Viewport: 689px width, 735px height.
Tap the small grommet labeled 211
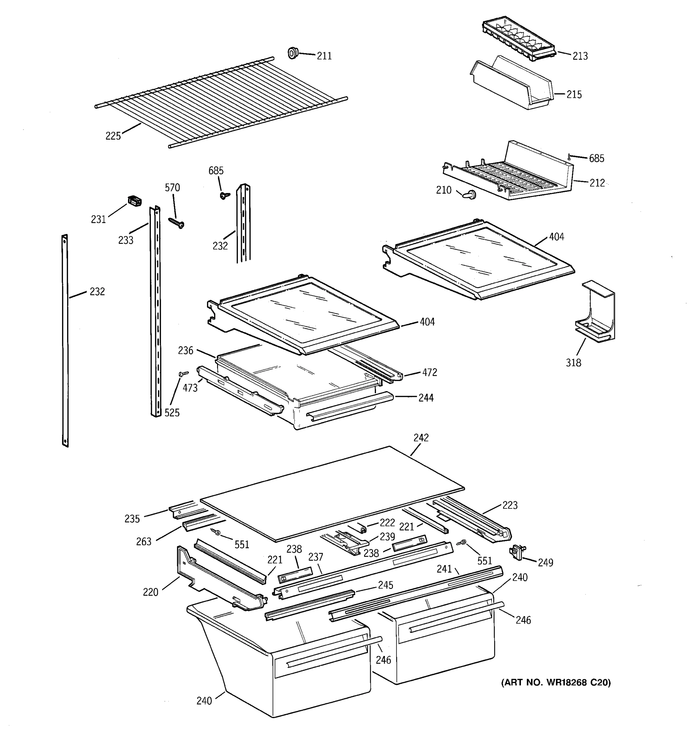(x=293, y=53)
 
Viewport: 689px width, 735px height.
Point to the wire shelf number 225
(x=113, y=136)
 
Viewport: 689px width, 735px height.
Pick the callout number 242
(x=421, y=438)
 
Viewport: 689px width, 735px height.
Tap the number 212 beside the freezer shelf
(x=597, y=183)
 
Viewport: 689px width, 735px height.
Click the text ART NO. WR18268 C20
(x=555, y=683)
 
